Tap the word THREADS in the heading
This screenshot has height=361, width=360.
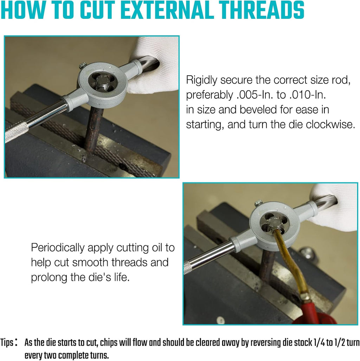pos(262,10)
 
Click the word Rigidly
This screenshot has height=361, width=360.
pos(201,80)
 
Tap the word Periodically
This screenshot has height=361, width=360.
pos(58,248)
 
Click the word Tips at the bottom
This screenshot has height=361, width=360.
pos(7,343)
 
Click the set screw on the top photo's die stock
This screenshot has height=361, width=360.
pos(83,66)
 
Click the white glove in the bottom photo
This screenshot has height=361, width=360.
pos(334,207)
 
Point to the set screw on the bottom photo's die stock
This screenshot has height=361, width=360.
pos(259,203)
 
